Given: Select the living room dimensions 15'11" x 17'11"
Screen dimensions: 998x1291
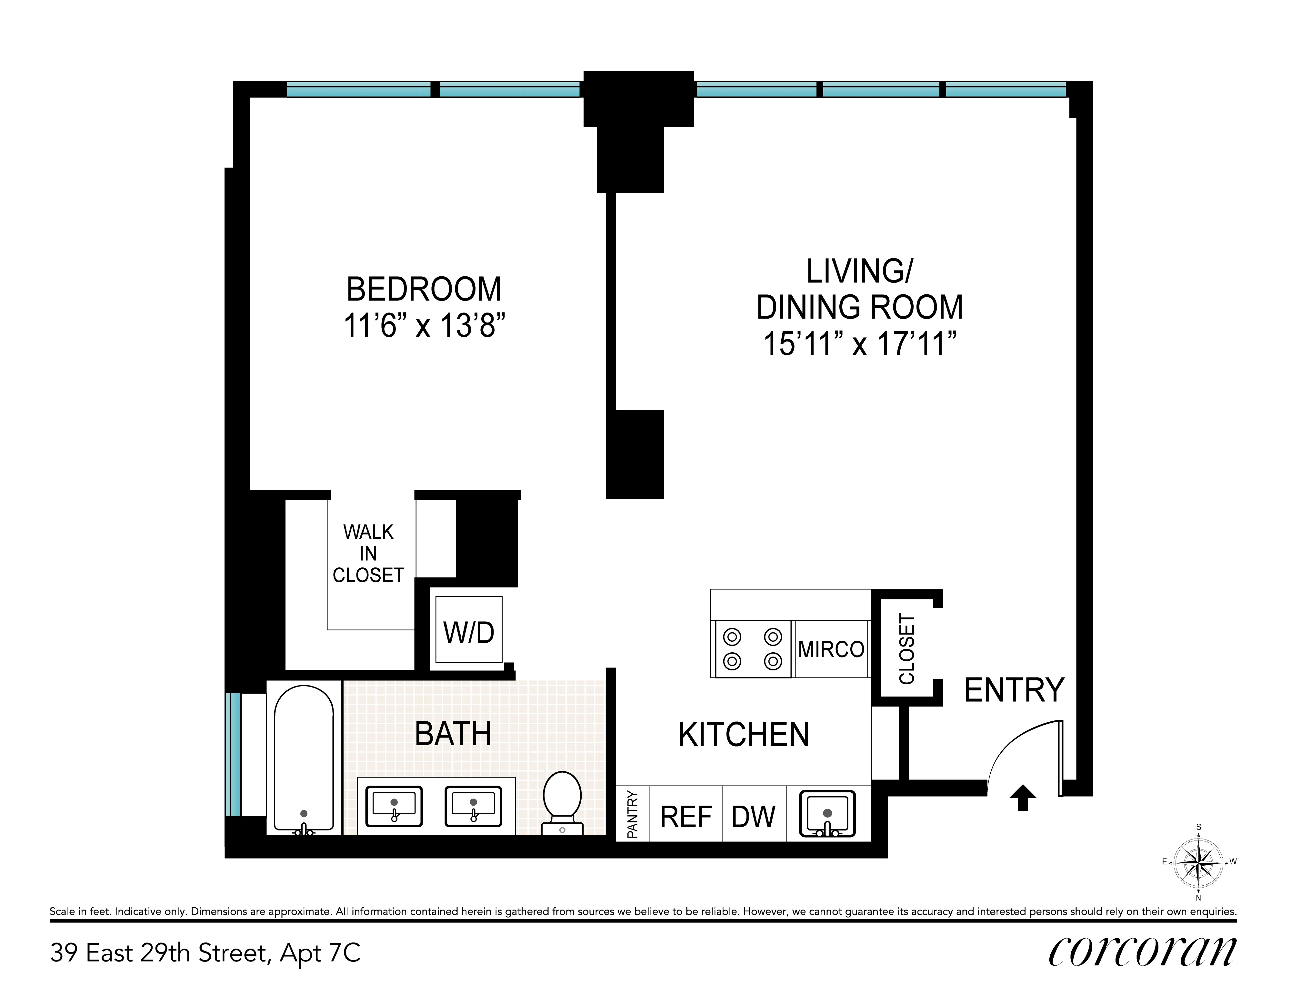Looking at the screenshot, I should (859, 344).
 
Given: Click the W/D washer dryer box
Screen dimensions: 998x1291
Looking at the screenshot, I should (469, 632).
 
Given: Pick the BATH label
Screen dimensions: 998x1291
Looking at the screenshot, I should (453, 734).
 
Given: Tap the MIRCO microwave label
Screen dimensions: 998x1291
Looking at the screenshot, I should (831, 649).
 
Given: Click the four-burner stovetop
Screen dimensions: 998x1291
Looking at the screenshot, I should (753, 649).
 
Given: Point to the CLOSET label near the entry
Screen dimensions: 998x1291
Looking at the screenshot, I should (906, 649).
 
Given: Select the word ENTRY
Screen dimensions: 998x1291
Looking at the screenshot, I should (1014, 690).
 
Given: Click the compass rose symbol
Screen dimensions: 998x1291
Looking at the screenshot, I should (1198, 862).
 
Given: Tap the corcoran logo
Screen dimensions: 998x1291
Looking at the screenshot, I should (1142, 952).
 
